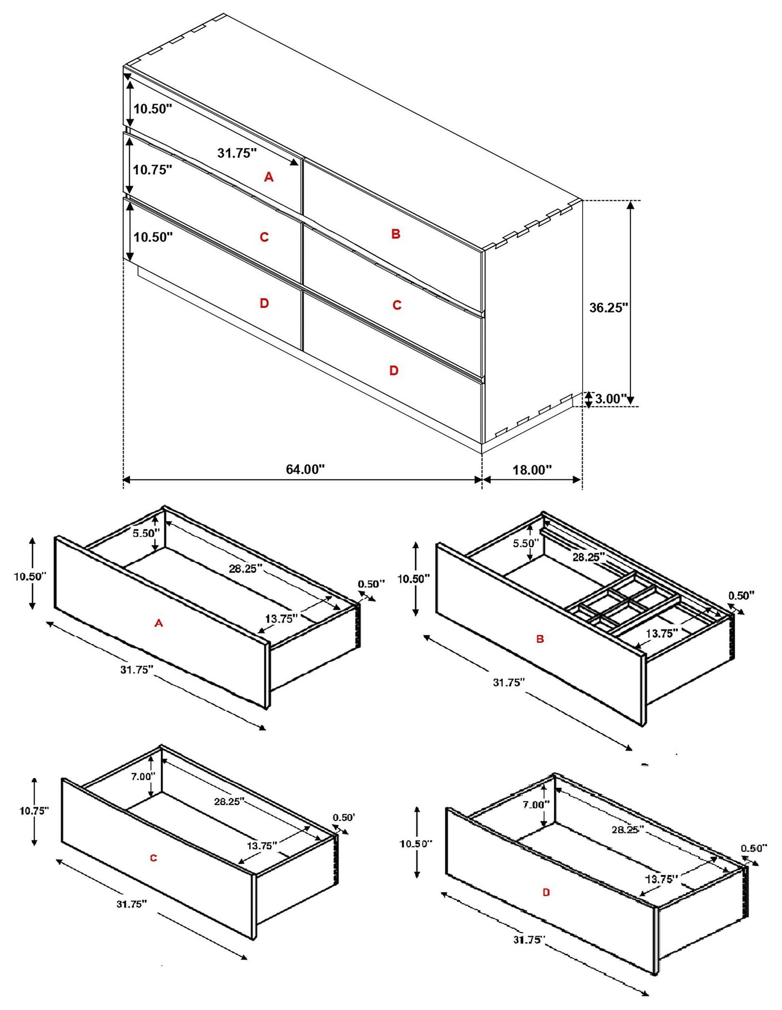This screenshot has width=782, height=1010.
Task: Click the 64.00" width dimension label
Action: [305, 470]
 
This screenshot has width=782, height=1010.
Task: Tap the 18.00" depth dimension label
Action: [532, 470]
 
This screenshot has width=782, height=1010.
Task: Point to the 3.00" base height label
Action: [611, 398]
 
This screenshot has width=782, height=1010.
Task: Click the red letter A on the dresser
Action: [269, 177]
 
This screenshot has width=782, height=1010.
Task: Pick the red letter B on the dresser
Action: [396, 234]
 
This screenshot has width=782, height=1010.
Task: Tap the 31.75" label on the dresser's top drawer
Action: [237, 153]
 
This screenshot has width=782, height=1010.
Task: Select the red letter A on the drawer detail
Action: [159, 623]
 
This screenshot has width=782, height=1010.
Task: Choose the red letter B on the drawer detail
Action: [540, 639]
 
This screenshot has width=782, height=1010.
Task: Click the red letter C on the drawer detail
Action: [154, 858]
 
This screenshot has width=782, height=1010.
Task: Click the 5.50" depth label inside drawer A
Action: [146, 533]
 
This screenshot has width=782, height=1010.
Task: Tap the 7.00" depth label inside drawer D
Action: [536, 805]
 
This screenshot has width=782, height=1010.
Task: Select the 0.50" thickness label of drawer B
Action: [741, 595]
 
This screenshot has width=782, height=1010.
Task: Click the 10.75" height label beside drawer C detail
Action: [34, 811]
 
